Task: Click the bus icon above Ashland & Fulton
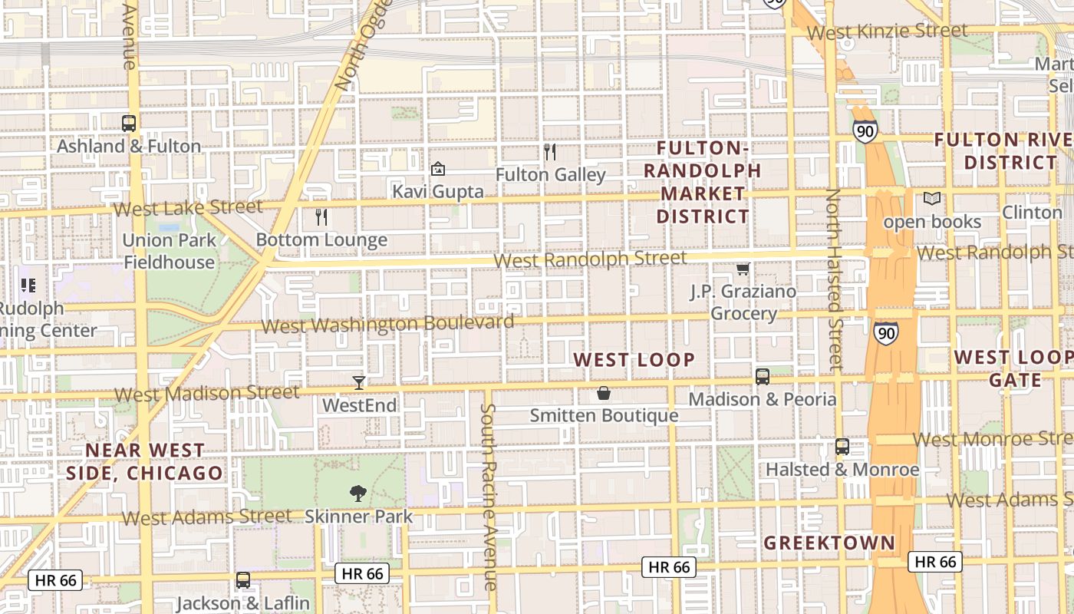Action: click(x=129, y=123)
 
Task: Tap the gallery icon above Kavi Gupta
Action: click(x=438, y=169)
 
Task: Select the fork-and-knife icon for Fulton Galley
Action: click(x=550, y=152)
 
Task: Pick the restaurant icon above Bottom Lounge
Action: click(x=321, y=217)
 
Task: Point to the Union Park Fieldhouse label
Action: click(x=169, y=251)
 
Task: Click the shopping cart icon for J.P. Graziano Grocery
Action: click(x=743, y=269)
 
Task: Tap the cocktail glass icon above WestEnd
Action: click(x=359, y=382)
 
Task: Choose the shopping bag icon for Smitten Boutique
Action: click(x=604, y=394)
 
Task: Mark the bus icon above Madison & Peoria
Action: click(x=762, y=376)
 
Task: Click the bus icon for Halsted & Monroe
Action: click(x=842, y=447)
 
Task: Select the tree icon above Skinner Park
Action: click(x=357, y=494)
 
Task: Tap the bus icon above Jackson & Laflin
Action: click(x=242, y=580)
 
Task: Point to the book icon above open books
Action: click(x=932, y=199)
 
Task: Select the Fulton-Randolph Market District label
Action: click(x=702, y=182)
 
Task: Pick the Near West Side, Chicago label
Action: click(x=144, y=461)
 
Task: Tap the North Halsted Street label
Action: click(x=834, y=280)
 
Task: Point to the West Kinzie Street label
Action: click(x=887, y=31)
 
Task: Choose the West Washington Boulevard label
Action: click(x=387, y=324)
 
